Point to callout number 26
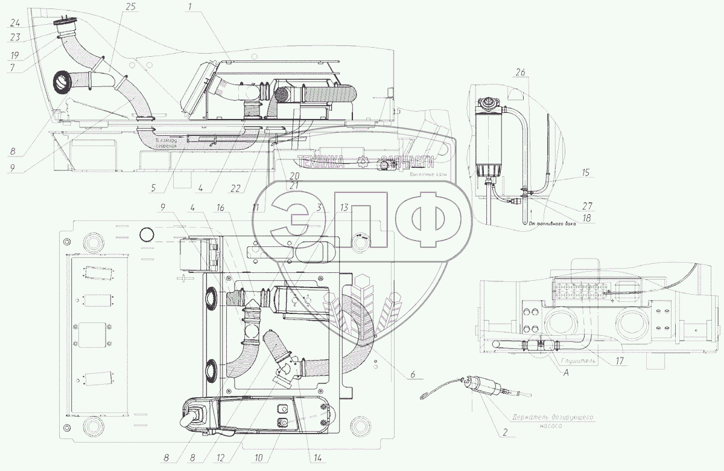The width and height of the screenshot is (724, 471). click(x=521, y=73)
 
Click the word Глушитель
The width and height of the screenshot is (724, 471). click(x=579, y=361)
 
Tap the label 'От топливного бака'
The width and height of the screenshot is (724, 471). click(x=552, y=223)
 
